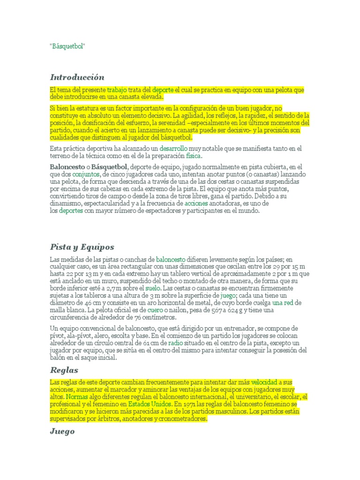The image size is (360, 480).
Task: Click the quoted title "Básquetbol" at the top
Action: [x=68, y=47]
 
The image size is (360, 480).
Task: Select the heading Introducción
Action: [x=77, y=77]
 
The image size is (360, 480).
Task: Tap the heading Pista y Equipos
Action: [x=82, y=247]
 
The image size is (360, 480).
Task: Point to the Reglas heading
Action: [x=64, y=370]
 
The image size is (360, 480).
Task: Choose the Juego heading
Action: [x=62, y=432]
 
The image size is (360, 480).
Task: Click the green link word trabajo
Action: [x=117, y=89]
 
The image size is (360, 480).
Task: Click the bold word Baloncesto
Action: [x=66, y=167]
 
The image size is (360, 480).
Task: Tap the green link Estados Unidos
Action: [x=150, y=404]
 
